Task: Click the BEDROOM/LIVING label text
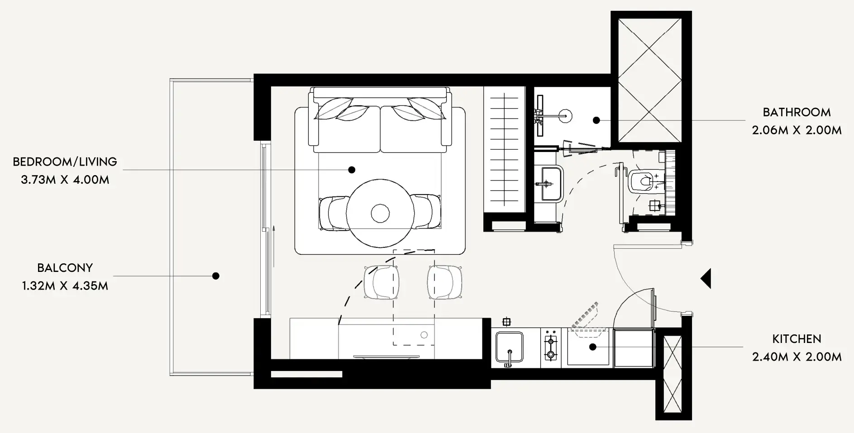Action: (x=65, y=162)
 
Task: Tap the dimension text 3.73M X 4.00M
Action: (x=65, y=180)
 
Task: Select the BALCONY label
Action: (x=65, y=268)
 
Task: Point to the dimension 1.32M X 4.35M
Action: (x=65, y=286)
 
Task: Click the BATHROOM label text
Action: (x=797, y=112)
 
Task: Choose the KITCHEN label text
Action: (x=797, y=339)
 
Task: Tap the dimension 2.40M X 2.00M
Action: (x=797, y=357)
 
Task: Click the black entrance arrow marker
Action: (x=706, y=278)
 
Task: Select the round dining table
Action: (x=380, y=213)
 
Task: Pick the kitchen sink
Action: (x=510, y=347)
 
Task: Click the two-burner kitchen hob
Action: (x=550, y=347)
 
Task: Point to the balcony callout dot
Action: (x=216, y=276)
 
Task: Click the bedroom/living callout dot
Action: (x=352, y=170)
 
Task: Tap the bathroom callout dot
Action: (x=596, y=120)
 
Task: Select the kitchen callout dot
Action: (x=592, y=347)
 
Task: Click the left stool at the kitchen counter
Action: (x=382, y=282)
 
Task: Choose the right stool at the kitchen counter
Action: (x=445, y=282)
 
